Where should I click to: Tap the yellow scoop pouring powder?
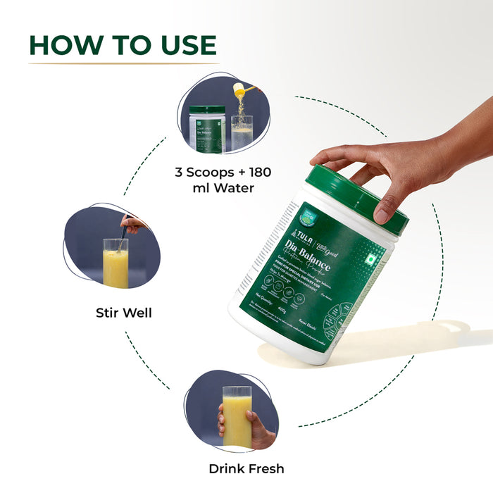tap(244, 91)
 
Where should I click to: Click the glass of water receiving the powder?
tap(242, 134)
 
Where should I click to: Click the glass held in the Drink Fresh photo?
tap(237, 416)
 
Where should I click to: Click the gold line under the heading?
tap(123, 64)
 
